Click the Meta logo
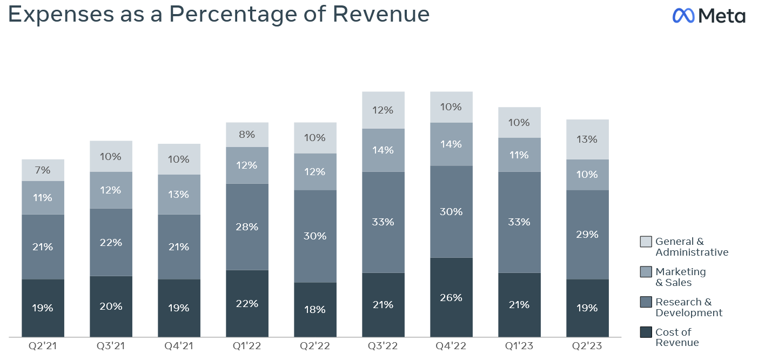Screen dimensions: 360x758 [708, 16]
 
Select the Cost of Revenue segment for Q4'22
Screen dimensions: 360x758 [451, 297]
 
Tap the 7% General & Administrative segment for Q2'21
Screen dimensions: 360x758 [43, 170]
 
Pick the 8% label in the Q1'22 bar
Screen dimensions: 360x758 [247, 135]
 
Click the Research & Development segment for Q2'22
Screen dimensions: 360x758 [315, 236]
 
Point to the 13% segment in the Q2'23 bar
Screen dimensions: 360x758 [587, 139]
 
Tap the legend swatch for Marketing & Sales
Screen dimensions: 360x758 [646, 272]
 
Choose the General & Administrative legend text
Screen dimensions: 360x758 [692, 247]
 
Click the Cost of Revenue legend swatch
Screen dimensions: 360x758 [646, 332]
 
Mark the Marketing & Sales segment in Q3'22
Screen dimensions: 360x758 [383, 150]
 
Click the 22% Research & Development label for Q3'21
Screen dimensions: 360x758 [111, 242]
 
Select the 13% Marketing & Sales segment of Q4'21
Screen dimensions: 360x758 [179, 195]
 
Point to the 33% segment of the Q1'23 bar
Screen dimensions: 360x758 [519, 222]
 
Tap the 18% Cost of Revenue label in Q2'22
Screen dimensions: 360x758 [315, 310]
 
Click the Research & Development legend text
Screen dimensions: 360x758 [688, 308]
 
